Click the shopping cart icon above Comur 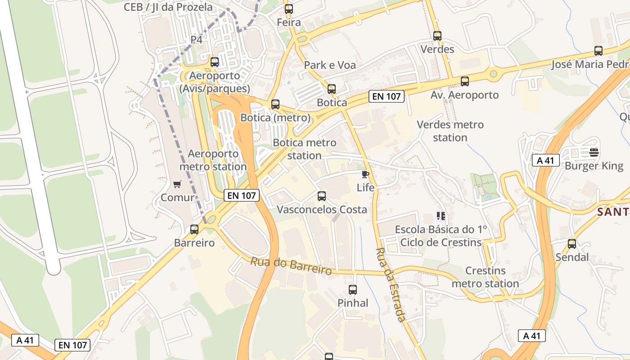pyautogui.click(x=177, y=184)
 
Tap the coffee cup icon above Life pyautogui.click(x=365, y=174)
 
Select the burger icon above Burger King pyautogui.click(x=594, y=152)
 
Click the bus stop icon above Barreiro pyautogui.click(x=194, y=229)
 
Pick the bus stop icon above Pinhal pyautogui.click(x=353, y=290)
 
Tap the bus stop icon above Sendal pyautogui.click(x=572, y=244)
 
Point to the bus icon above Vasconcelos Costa pyautogui.click(x=322, y=196)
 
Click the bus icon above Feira pyautogui.click(x=289, y=9)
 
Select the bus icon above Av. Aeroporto pyautogui.click(x=465, y=81)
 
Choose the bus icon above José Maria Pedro pyautogui.click(x=598, y=51)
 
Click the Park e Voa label pyautogui.click(x=330, y=65)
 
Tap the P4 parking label pyautogui.click(x=197, y=40)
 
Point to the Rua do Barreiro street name pyautogui.click(x=291, y=265)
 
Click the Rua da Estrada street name pyautogui.click(x=391, y=284)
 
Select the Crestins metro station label pyautogui.click(x=485, y=277)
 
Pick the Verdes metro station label pyautogui.click(x=450, y=131)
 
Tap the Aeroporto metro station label pyautogui.click(x=213, y=160)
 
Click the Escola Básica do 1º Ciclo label pyautogui.click(x=441, y=236)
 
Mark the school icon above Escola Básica pyautogui.click(x=441, y=216)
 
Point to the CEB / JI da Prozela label pyautogui.click(x=168, y=7)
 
